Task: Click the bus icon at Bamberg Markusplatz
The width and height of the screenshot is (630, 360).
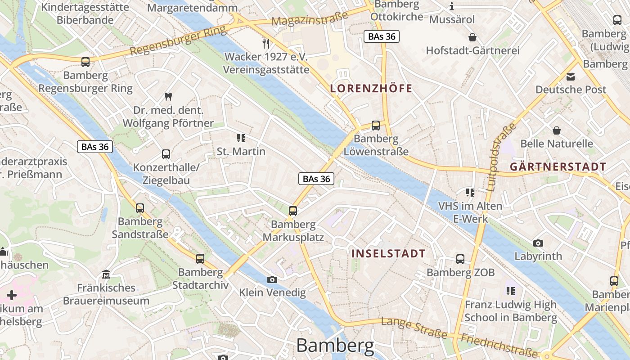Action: [293, 211]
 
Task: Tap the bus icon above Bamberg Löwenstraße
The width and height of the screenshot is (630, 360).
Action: [376, 126]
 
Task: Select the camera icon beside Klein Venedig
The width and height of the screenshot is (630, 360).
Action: [272, 279]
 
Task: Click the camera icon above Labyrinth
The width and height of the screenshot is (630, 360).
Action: [538, 243]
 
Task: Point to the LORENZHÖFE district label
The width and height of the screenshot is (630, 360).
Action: [371, 88]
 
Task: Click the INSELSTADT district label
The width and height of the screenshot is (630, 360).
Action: [388, 253]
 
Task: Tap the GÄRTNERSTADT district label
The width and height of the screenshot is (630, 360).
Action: [558, 167]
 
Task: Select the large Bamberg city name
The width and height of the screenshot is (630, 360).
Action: [335, 346]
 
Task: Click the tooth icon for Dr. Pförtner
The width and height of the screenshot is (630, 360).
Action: [168, 96]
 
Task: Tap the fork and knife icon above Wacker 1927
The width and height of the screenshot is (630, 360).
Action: [266, 43]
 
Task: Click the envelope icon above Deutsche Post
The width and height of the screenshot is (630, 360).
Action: [571, 76]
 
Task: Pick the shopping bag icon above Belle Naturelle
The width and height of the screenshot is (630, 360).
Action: [557, 130]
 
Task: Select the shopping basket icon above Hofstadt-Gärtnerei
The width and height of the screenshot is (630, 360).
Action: [472, 37]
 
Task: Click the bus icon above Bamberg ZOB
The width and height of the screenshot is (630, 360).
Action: [460, 259]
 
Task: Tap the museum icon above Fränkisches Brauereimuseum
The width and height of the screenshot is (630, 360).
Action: [106, 274]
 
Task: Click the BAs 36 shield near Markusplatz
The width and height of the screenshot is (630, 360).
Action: [316, 179]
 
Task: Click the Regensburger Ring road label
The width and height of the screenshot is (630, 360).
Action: [178, 41]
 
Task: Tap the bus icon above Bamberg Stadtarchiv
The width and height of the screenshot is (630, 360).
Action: [200, 258]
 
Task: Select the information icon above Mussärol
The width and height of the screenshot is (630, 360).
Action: [452, 6]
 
